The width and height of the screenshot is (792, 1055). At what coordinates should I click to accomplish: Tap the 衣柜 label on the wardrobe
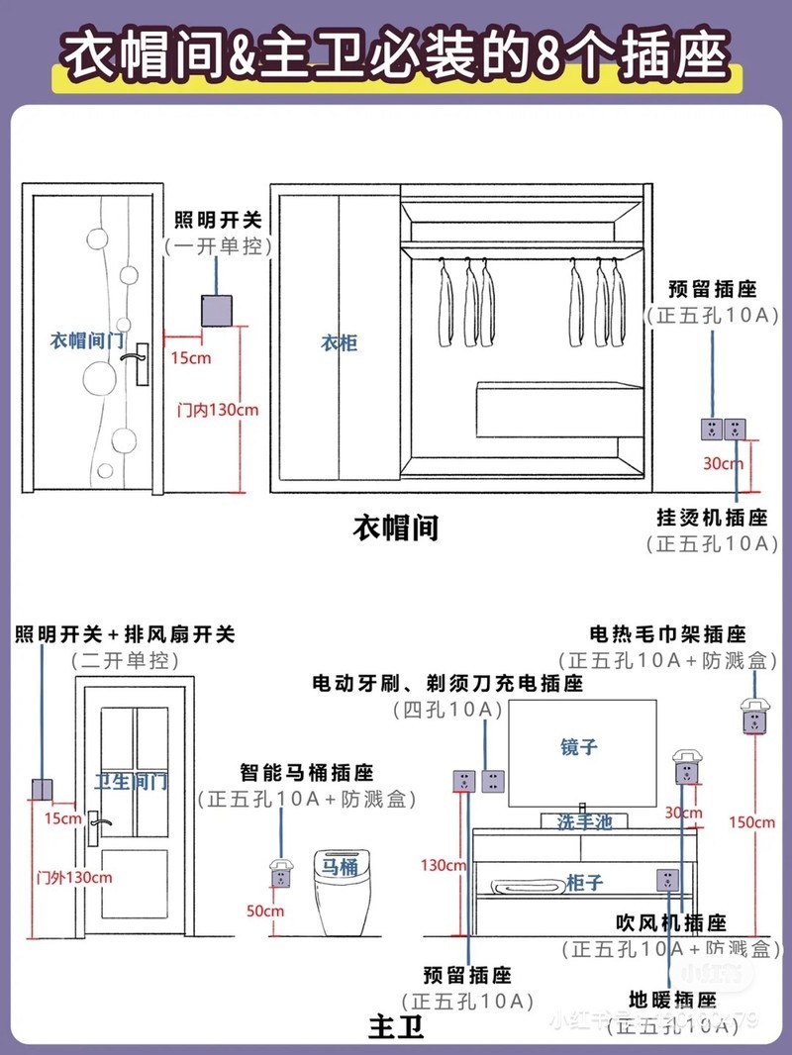(339, 343)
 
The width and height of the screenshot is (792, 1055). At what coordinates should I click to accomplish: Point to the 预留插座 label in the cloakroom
(713, 290)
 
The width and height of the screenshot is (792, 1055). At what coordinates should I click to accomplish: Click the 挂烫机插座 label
(712, 518)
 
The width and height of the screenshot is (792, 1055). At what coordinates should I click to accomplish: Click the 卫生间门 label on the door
(131, 782)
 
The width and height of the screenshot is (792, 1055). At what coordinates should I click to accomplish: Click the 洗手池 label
(585, 821)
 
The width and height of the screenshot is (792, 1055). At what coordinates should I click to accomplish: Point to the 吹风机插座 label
(670, 923)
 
